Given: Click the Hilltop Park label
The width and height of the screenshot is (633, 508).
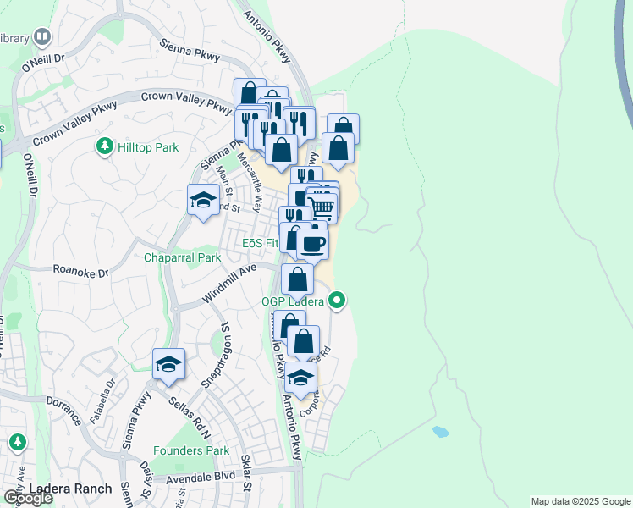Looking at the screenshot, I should tap(148, 147).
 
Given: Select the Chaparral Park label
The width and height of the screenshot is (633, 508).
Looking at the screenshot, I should tap(182, 257).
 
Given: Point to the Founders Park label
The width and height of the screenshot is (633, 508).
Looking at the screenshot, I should tap(192, 450).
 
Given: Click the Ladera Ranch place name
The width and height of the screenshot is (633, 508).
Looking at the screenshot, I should tap(70, 489).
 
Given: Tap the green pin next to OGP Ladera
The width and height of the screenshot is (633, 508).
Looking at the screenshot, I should tap(337, 300).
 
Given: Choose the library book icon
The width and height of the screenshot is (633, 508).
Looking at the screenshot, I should tap(41, 37).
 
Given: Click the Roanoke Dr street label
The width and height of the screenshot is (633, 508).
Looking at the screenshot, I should tap(81, 273).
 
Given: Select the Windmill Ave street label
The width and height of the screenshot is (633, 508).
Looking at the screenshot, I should tap(229, 284).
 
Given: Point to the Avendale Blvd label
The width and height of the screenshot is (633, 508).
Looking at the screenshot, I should tap(202, 475).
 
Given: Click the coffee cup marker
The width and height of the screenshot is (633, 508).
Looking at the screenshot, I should tap(312, 243).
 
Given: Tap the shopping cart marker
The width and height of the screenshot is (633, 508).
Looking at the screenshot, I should tap(322, 206).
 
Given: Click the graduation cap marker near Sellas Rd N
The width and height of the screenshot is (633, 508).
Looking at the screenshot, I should tap(168, 364).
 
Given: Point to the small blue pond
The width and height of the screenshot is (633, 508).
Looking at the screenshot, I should tap(440, 431).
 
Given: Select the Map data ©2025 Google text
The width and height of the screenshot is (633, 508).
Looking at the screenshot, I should tap(580, 501).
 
